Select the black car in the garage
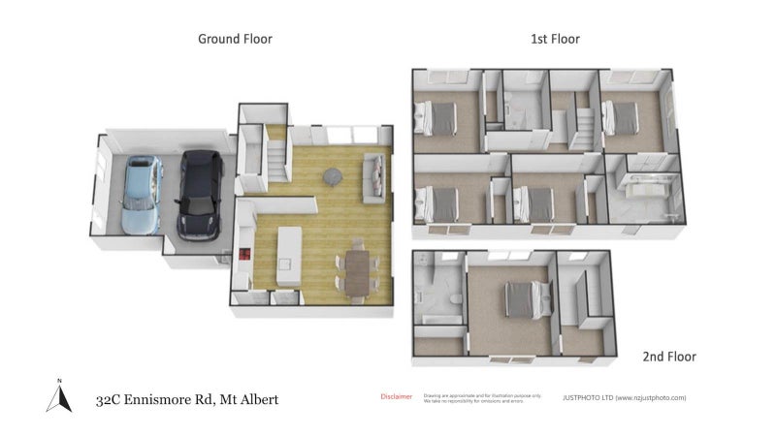pos(200,194)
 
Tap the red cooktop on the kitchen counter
pos(244,256)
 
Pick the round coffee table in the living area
pos(334,176)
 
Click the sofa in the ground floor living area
pos(373,172)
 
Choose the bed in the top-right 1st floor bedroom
pos(624,116)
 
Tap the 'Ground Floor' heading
pos(235,40)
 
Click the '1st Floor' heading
pos(555,40)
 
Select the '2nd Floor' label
pos(669,357)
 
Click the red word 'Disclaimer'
pos(396,396)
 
